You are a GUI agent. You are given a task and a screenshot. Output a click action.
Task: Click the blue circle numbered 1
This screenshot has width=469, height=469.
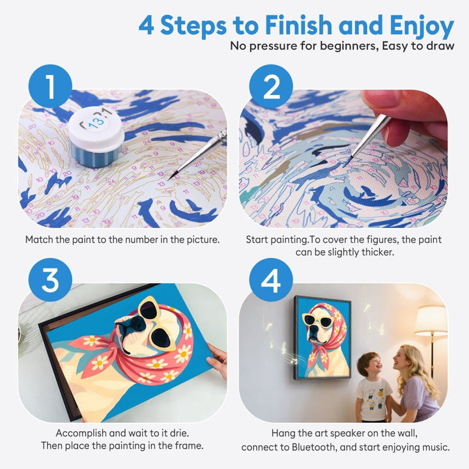pyautogui.click(x=49, y=86)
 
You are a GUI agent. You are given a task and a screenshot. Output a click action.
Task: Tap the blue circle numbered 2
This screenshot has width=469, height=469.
pyautogui.click(x=270, y=86)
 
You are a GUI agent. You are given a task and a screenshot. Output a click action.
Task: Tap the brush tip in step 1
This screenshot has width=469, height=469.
pyautogui.click(x=171, y=177)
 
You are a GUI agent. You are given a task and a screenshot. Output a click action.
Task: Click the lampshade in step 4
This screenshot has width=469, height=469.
pyautogui.click(x=431, y=320)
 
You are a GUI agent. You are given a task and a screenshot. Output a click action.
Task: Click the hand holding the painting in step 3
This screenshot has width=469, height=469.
pyautogui.click(x=217, y=357)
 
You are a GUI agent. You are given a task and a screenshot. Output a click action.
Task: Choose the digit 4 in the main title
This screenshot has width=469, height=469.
pyautogui.click(x=148, y=26)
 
